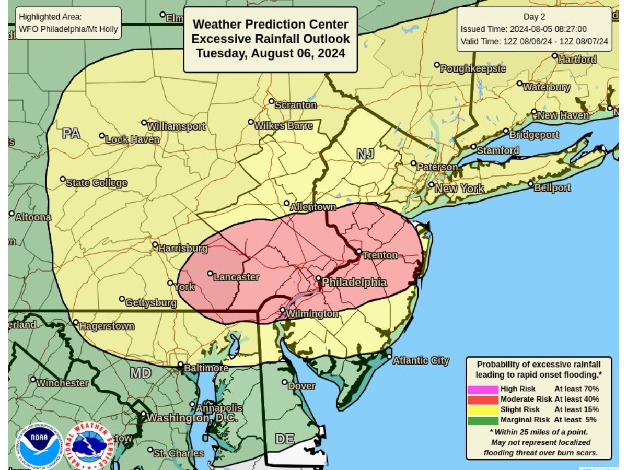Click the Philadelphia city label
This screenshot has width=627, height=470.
(x=354, y=283)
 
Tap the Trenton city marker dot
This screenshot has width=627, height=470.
(x=359, y=251)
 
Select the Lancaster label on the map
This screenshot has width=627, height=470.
(x=237, y=277)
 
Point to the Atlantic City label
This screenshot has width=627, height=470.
(x=421, y=360)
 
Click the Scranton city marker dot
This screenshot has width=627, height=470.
(x=271, y=101)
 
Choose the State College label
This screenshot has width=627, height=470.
(x=96, y=183)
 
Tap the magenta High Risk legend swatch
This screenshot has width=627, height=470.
(x=483, y=389)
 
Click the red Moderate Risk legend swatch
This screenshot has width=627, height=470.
(x=483, y=399)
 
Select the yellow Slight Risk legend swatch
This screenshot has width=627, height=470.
(x=483, y=409)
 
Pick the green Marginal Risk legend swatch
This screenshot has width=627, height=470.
(x=483, y=420)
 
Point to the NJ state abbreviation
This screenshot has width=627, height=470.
(x=365, y=154)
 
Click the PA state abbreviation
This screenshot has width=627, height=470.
(x=71, y=133)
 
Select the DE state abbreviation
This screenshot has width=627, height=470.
(x=285, y=439)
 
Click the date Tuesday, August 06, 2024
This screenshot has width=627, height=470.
(x=271, y=53)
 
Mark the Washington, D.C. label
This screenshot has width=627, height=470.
(x=192, y=418)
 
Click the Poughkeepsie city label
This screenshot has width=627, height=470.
(x=473, y=69)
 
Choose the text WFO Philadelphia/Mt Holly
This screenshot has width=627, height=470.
(x=68, y=29)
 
